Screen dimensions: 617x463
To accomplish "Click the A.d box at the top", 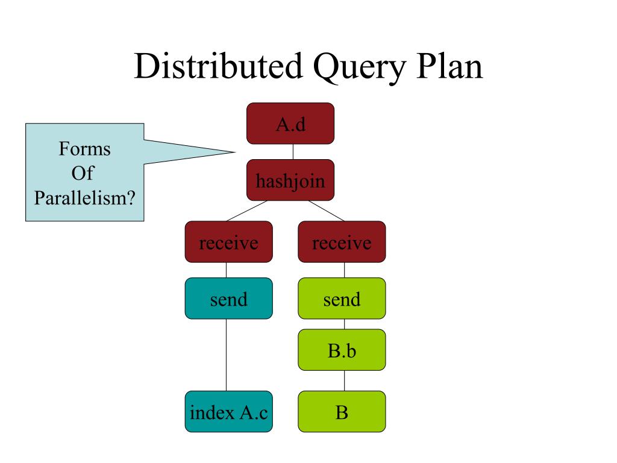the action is coord(290,124).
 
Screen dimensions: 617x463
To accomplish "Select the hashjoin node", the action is coord(290,180).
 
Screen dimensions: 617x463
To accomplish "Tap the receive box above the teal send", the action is coord(228,242).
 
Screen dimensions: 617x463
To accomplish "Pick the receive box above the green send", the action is coord(342,242).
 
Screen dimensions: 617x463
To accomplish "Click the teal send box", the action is coord(228,298).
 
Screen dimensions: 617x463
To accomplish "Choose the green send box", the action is coord(342,298).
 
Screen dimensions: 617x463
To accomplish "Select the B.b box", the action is coord(342,350).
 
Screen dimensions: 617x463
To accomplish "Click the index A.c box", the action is coord(228,412).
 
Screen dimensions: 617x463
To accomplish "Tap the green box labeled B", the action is coord(342,412).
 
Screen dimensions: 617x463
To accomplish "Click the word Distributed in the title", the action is coord(218,66).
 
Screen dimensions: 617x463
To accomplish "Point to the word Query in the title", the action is coord(359,68).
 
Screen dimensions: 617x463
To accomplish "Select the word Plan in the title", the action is coord(449,66).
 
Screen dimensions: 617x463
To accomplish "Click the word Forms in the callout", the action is coord(84,149).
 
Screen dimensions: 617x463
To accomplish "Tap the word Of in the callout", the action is coord(83,173).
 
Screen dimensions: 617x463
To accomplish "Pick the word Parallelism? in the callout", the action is coord(84,198).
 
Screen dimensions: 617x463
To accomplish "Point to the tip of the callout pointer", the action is coord(236,151).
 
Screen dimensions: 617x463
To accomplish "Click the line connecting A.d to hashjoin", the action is coord(293,152).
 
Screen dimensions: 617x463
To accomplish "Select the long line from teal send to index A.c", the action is coord(227,355).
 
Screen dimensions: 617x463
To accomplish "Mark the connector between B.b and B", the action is coord(344,381).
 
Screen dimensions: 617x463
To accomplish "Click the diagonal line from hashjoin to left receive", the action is coord(246,211).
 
